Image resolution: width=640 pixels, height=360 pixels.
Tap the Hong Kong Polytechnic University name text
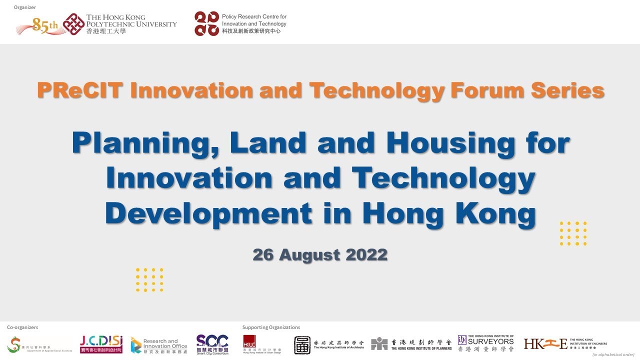pos(131,24)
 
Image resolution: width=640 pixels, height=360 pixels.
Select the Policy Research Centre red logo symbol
pos(206,23)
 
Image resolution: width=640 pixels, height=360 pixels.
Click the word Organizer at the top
pos(25,7)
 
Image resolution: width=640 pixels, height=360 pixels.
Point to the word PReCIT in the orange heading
pos(79,91)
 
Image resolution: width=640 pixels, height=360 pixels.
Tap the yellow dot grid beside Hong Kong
pos(573,233)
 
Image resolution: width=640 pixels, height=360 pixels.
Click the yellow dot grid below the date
pos(149,279)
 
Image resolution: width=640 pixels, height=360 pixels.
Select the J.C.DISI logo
pos(101,344)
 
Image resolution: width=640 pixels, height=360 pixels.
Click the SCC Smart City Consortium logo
pos(212,344)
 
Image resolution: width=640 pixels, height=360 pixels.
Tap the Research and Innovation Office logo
pos(158,344)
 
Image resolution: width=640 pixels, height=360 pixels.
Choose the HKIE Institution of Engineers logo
pos(565,343)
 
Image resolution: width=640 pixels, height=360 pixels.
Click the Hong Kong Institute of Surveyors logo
pos(485,344)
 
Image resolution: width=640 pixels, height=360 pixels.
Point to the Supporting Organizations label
pos(271,327)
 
